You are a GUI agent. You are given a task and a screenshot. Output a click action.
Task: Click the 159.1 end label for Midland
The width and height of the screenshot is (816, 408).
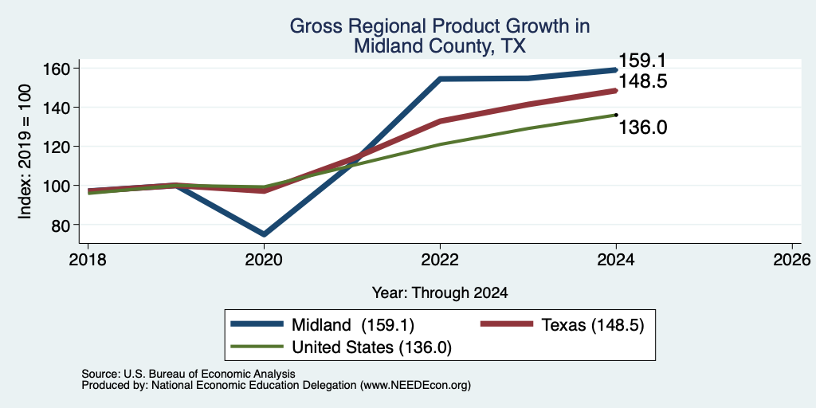point(642,61)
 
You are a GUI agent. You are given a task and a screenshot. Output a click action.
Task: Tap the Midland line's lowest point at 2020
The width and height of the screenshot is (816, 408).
point(264,234)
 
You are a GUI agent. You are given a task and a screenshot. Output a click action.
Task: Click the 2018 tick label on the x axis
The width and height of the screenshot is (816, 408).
point(88,259)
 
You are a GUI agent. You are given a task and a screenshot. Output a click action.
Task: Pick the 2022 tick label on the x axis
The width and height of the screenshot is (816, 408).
point(440,259)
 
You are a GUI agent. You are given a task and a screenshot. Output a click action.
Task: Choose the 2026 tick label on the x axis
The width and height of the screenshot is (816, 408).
point(792,259)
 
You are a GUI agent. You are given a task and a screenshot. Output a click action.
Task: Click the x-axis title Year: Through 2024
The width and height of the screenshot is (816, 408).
point(440,293)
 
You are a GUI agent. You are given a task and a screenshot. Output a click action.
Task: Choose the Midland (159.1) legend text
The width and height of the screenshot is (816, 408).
point(353,325)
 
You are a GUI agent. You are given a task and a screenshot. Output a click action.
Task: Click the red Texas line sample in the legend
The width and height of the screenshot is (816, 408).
point(506,324)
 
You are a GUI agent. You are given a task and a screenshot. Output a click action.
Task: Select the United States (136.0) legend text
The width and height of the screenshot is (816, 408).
point(371,347)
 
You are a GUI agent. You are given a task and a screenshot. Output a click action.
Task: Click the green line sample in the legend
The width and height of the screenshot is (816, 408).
point(257,347)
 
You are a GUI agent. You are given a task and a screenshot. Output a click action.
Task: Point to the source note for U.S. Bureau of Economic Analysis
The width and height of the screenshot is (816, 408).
point(188,374)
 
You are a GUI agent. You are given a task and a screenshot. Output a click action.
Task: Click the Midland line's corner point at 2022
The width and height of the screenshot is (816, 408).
point(440,79)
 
